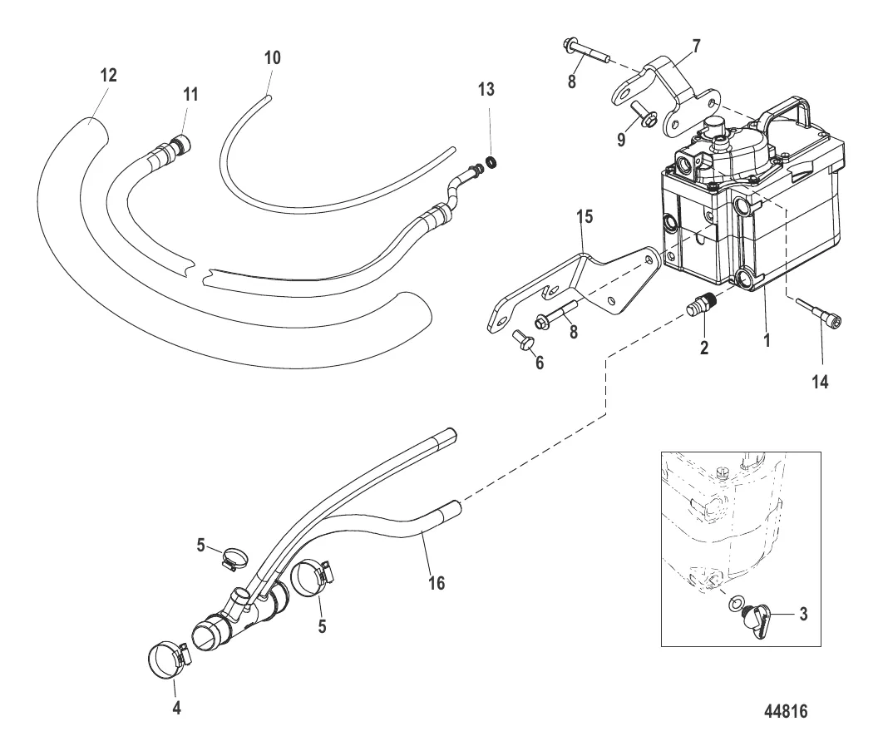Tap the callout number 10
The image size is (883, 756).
click(273, 57)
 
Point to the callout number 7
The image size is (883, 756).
click(695, 44)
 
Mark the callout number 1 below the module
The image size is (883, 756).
click(768, 340)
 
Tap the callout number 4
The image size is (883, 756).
click(175, 709)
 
